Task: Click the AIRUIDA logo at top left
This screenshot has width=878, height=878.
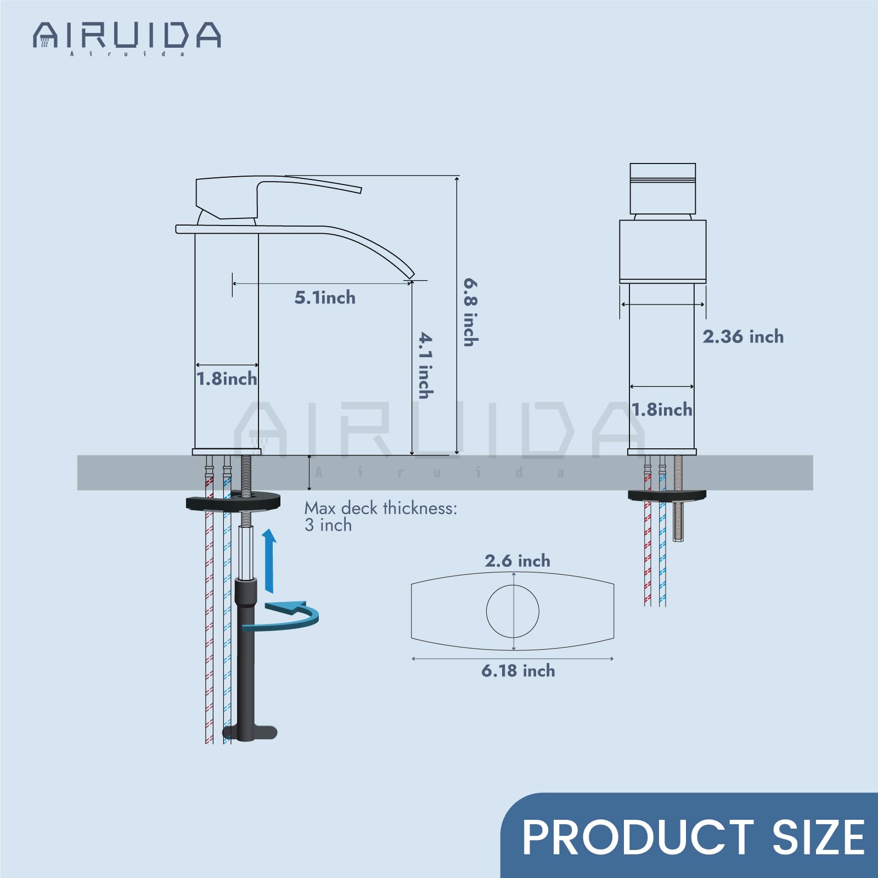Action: (x=126, y=37)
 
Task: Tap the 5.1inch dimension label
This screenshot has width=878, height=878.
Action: (x=325, y=298)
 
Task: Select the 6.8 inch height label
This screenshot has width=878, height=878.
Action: (x=471, y=312)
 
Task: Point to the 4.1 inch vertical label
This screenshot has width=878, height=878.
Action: (x=426, y=365)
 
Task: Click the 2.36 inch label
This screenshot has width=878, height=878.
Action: (x=743, y=336)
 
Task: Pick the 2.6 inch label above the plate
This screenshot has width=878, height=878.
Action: (x=517, y=561)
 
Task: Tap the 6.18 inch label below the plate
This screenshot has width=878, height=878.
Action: (x=518, y=671)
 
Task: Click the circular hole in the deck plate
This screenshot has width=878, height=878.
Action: (x=513, y=611)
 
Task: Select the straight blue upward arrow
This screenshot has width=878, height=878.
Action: (x=269, y=561)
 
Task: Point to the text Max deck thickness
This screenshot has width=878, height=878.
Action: (x=381, y=508)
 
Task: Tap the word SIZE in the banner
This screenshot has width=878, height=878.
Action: (x=818, y=837)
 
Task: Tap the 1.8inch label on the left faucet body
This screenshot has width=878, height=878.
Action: (x=227, y=379)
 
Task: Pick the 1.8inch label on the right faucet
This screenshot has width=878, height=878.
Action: (x=662, y=409)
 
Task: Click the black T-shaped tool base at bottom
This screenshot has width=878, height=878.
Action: (x=250, y=732)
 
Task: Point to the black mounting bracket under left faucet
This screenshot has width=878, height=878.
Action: (x=233, y=500)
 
